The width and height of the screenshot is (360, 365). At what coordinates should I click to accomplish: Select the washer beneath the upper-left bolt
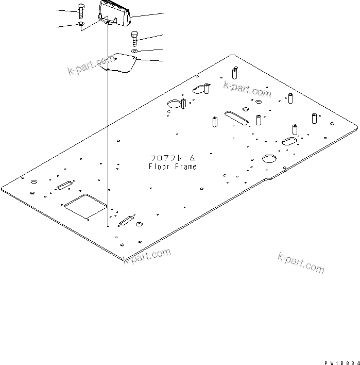coord(81,24)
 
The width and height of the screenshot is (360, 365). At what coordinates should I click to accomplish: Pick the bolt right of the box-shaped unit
coord(134,38)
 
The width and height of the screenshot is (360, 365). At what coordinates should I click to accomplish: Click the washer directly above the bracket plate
coord(134,52)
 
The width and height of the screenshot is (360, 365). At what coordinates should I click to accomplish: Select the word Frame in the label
coord(185,167)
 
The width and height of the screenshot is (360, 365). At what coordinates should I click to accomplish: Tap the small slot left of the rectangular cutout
coord(64,185)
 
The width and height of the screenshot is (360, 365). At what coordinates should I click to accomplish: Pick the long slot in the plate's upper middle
coord(237,117)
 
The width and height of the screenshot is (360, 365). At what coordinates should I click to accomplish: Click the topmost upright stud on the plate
coord(235,72)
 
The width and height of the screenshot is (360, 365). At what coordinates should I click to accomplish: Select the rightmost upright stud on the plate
coord(314,118)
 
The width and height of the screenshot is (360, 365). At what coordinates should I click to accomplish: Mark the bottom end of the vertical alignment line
coord(107,226)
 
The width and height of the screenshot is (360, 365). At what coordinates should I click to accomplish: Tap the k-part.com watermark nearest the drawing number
coord(301,262)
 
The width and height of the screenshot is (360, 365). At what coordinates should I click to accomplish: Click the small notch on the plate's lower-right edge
coord(268,179)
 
